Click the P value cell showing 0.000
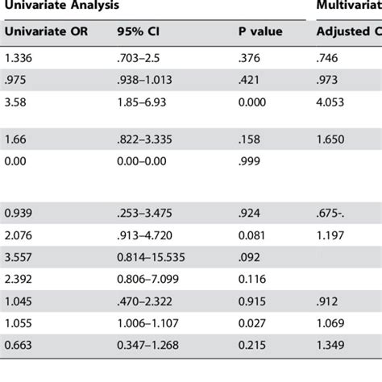[253, 102]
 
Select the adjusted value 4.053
[333, 102]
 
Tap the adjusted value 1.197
[333, 235]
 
